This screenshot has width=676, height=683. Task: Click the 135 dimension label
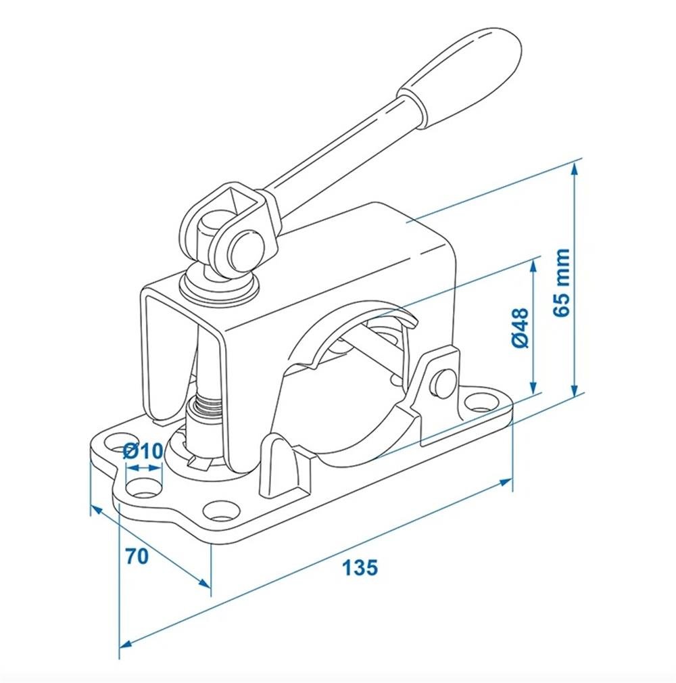tap(359, 567)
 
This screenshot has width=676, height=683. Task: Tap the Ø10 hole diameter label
tap(144, 451)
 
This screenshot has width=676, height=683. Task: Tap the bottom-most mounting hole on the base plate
tap(219, 511)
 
